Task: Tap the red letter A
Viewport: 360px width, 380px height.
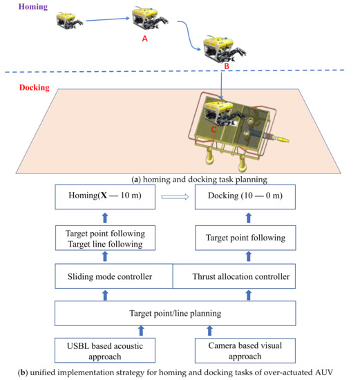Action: (x=144, y=39)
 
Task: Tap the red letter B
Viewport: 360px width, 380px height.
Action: (x=225, y=66)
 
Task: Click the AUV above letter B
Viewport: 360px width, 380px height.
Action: (x=224, y=49)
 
